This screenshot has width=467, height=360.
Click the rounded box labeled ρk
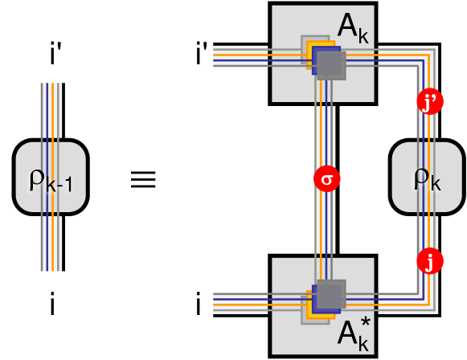427,179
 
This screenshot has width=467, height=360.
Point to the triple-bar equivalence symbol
143,178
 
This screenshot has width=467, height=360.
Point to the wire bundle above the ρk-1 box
52,108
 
